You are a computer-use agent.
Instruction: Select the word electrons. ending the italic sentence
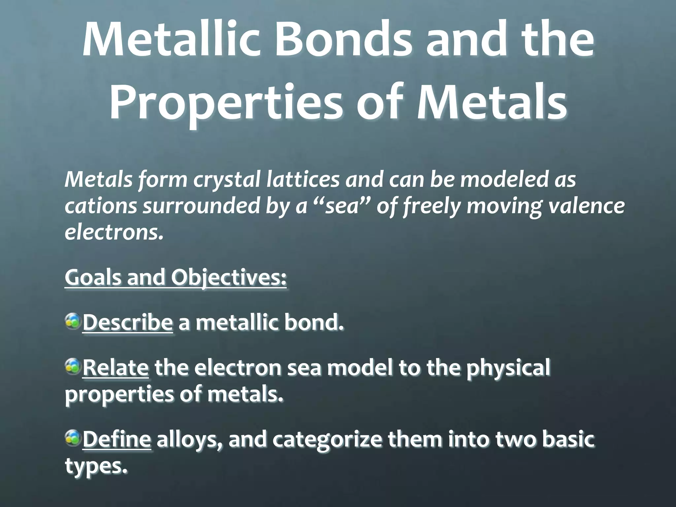114,232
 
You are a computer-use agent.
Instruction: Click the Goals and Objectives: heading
176,277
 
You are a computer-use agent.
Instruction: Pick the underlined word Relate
115,368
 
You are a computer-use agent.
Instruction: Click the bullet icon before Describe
73,321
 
